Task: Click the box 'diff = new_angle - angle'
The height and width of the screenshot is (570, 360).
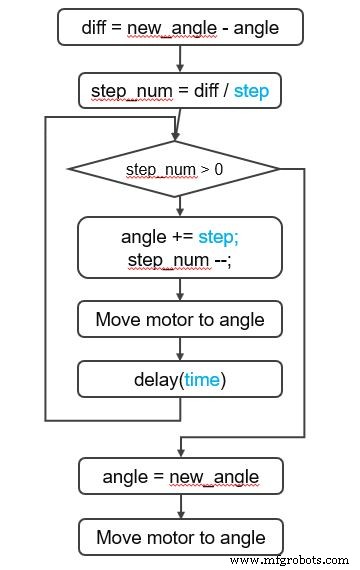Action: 180,27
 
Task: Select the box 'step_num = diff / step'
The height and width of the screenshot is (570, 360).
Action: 180,90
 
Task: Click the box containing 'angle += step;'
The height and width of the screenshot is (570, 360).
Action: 180,247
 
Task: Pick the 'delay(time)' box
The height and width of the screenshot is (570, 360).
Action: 180,379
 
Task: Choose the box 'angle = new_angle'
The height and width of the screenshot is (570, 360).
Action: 180,477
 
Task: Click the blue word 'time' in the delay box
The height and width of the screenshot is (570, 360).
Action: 205,379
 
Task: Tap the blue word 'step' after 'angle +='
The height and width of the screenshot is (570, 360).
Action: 218,237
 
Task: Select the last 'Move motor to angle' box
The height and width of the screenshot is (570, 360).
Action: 180,537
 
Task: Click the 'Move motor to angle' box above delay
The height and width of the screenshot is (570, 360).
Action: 180,320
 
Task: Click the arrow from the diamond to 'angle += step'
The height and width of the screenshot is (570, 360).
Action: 180,206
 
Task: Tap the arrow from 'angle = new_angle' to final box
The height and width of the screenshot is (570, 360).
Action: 180,507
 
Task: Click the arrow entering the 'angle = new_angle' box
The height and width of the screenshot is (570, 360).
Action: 180,447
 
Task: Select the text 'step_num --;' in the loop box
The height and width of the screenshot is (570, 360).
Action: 180,260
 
